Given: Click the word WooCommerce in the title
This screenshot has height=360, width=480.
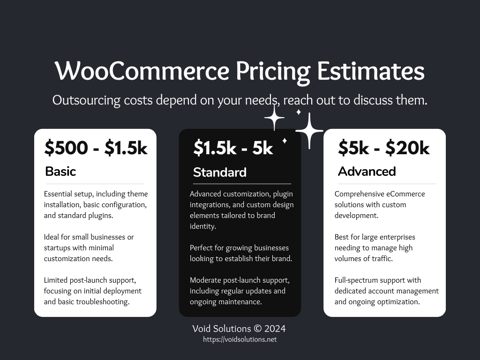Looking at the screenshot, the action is (x=142, y=71).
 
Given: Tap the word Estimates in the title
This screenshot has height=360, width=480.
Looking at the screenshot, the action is (x=371, y=71).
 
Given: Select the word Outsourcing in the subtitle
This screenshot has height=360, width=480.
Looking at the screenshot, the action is (x=86, y=100).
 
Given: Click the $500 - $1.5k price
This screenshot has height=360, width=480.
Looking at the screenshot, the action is (x=96, y=148).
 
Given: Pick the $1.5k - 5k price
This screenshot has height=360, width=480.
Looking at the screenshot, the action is (x=233, y=148).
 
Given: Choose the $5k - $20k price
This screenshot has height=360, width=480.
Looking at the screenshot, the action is (x=384, y=148).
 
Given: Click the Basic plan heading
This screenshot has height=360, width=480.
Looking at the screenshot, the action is (x=60, y=172).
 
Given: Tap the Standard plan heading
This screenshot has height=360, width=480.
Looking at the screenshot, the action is (x=220, y=172).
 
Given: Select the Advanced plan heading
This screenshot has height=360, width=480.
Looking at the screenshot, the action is (x=367, y=172).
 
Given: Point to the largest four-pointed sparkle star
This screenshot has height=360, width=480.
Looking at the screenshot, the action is (x=309, y=131).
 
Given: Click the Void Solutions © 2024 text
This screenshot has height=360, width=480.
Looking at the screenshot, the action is (x=239, y=329).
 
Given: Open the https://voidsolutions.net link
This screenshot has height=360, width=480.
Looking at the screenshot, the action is (x=240, y=339).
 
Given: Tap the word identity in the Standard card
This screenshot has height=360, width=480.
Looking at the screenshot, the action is (x=203, y=226).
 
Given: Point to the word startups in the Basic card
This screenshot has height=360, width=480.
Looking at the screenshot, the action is (x=57, y=248).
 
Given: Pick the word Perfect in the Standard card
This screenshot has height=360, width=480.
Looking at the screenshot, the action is (x=201, y=248).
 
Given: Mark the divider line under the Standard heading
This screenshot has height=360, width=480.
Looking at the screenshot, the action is (x=242, y=184).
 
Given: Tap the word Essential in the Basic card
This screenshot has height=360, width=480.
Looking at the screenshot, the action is (x=58, y=194).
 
